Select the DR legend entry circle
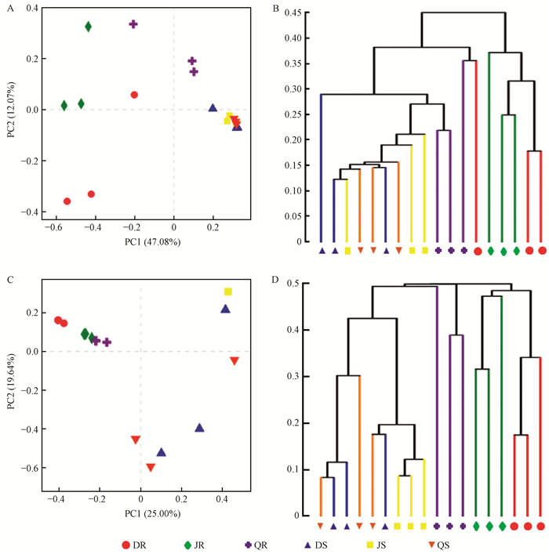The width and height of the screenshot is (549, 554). click(x=125, y=544)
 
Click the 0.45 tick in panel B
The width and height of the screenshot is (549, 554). click(x=292, y=13)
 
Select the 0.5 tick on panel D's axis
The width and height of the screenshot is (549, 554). click(x=295, y=283)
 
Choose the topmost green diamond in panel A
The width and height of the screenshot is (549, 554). click(x=89, y=27)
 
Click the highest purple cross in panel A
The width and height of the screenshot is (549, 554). click(x=133, y=24)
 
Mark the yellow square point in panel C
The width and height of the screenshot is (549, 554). click(x=228, y=291)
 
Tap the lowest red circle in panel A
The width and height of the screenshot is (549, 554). click(x=67, y=201)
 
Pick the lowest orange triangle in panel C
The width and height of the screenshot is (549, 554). click(x=151, y=468)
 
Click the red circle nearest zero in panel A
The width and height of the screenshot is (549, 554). click(x=134, y=95)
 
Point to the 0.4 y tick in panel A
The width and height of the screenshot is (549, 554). click(x=31, y=7)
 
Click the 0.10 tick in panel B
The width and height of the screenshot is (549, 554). click(x=292, y=190)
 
